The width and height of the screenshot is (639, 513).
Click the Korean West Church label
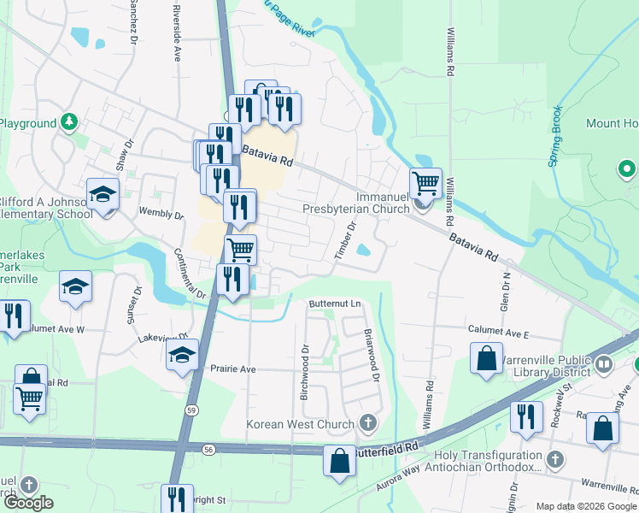pos(300,424)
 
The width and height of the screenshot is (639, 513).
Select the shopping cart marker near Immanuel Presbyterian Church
pos(425,183)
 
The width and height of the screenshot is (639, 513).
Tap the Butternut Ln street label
pos(335,304)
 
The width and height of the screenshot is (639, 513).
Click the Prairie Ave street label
pos(232,369)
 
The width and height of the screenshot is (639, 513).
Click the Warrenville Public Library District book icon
pos(604,365)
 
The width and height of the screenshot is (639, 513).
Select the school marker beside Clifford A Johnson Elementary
pos(102,196)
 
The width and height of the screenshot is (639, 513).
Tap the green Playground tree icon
pos(70,123)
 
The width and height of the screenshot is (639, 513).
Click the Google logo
pos(28,503)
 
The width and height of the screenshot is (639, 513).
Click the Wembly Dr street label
pos(161,213)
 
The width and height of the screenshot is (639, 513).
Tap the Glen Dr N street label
pos(506,291)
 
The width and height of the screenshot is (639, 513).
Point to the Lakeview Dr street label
pos(162,339)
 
